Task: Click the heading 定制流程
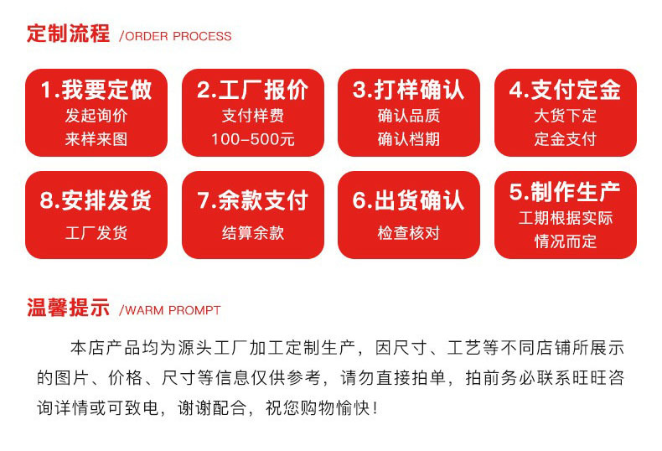pos(68,34)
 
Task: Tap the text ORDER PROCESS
pos(176,37)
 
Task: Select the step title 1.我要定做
pos(96,90)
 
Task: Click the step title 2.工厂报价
pos(252,90)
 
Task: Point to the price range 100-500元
pos(252,139)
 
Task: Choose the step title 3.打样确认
pos(409,90)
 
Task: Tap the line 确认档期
pos(409,139)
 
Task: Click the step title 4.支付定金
pos(565,90)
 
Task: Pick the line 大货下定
pos(565,116)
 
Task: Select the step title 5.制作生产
pos(565,192)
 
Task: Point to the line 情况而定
pos(565,241)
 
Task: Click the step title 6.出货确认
pos(409,200)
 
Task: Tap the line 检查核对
pos(409,233)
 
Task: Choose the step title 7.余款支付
pos(252,200)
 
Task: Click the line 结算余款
pos(252,233)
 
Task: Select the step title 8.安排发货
pos(96,200)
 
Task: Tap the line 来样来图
pos(96,139)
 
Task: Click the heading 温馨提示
pos(68,308)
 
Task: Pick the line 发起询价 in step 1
pos(96,116)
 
